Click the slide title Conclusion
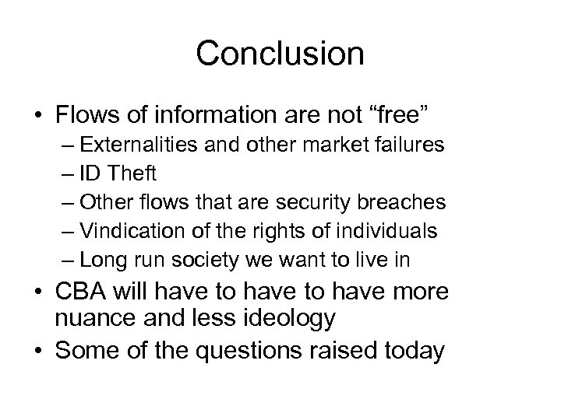pos(280,54)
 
